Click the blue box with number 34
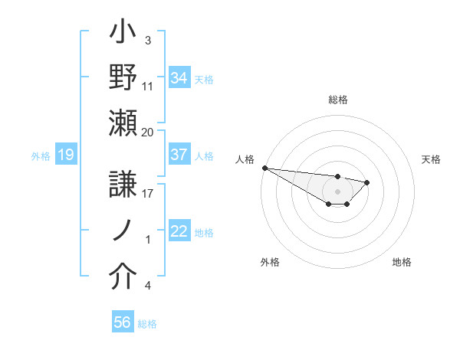pyautogui.click(x=179, y=77)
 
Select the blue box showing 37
pyautogui.click(x=179, y=155)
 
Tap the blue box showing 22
pyautogui.click(x=179, y=232)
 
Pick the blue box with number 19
pyautogui.click(x=65, y=155)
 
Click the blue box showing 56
pyautogui.click(x=123, y=322)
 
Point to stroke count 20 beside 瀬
pyautogui.click(x=147, y=132)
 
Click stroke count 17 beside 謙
pyautogui.click(x=147, y=194)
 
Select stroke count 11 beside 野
pyautogui.click(x=147, y=86)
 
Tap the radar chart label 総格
pyautogui.click(x=338, y=100)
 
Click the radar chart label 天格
pyautogui.click(x=432, y=159)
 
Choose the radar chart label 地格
pyautogui.click(x=402, y=262)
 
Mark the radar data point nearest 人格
pyautogui.click(x=264, y=168)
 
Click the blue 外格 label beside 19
pyautogui.click(x=41, y=156)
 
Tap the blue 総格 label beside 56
pyautogui.click(x=147, y=324)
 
